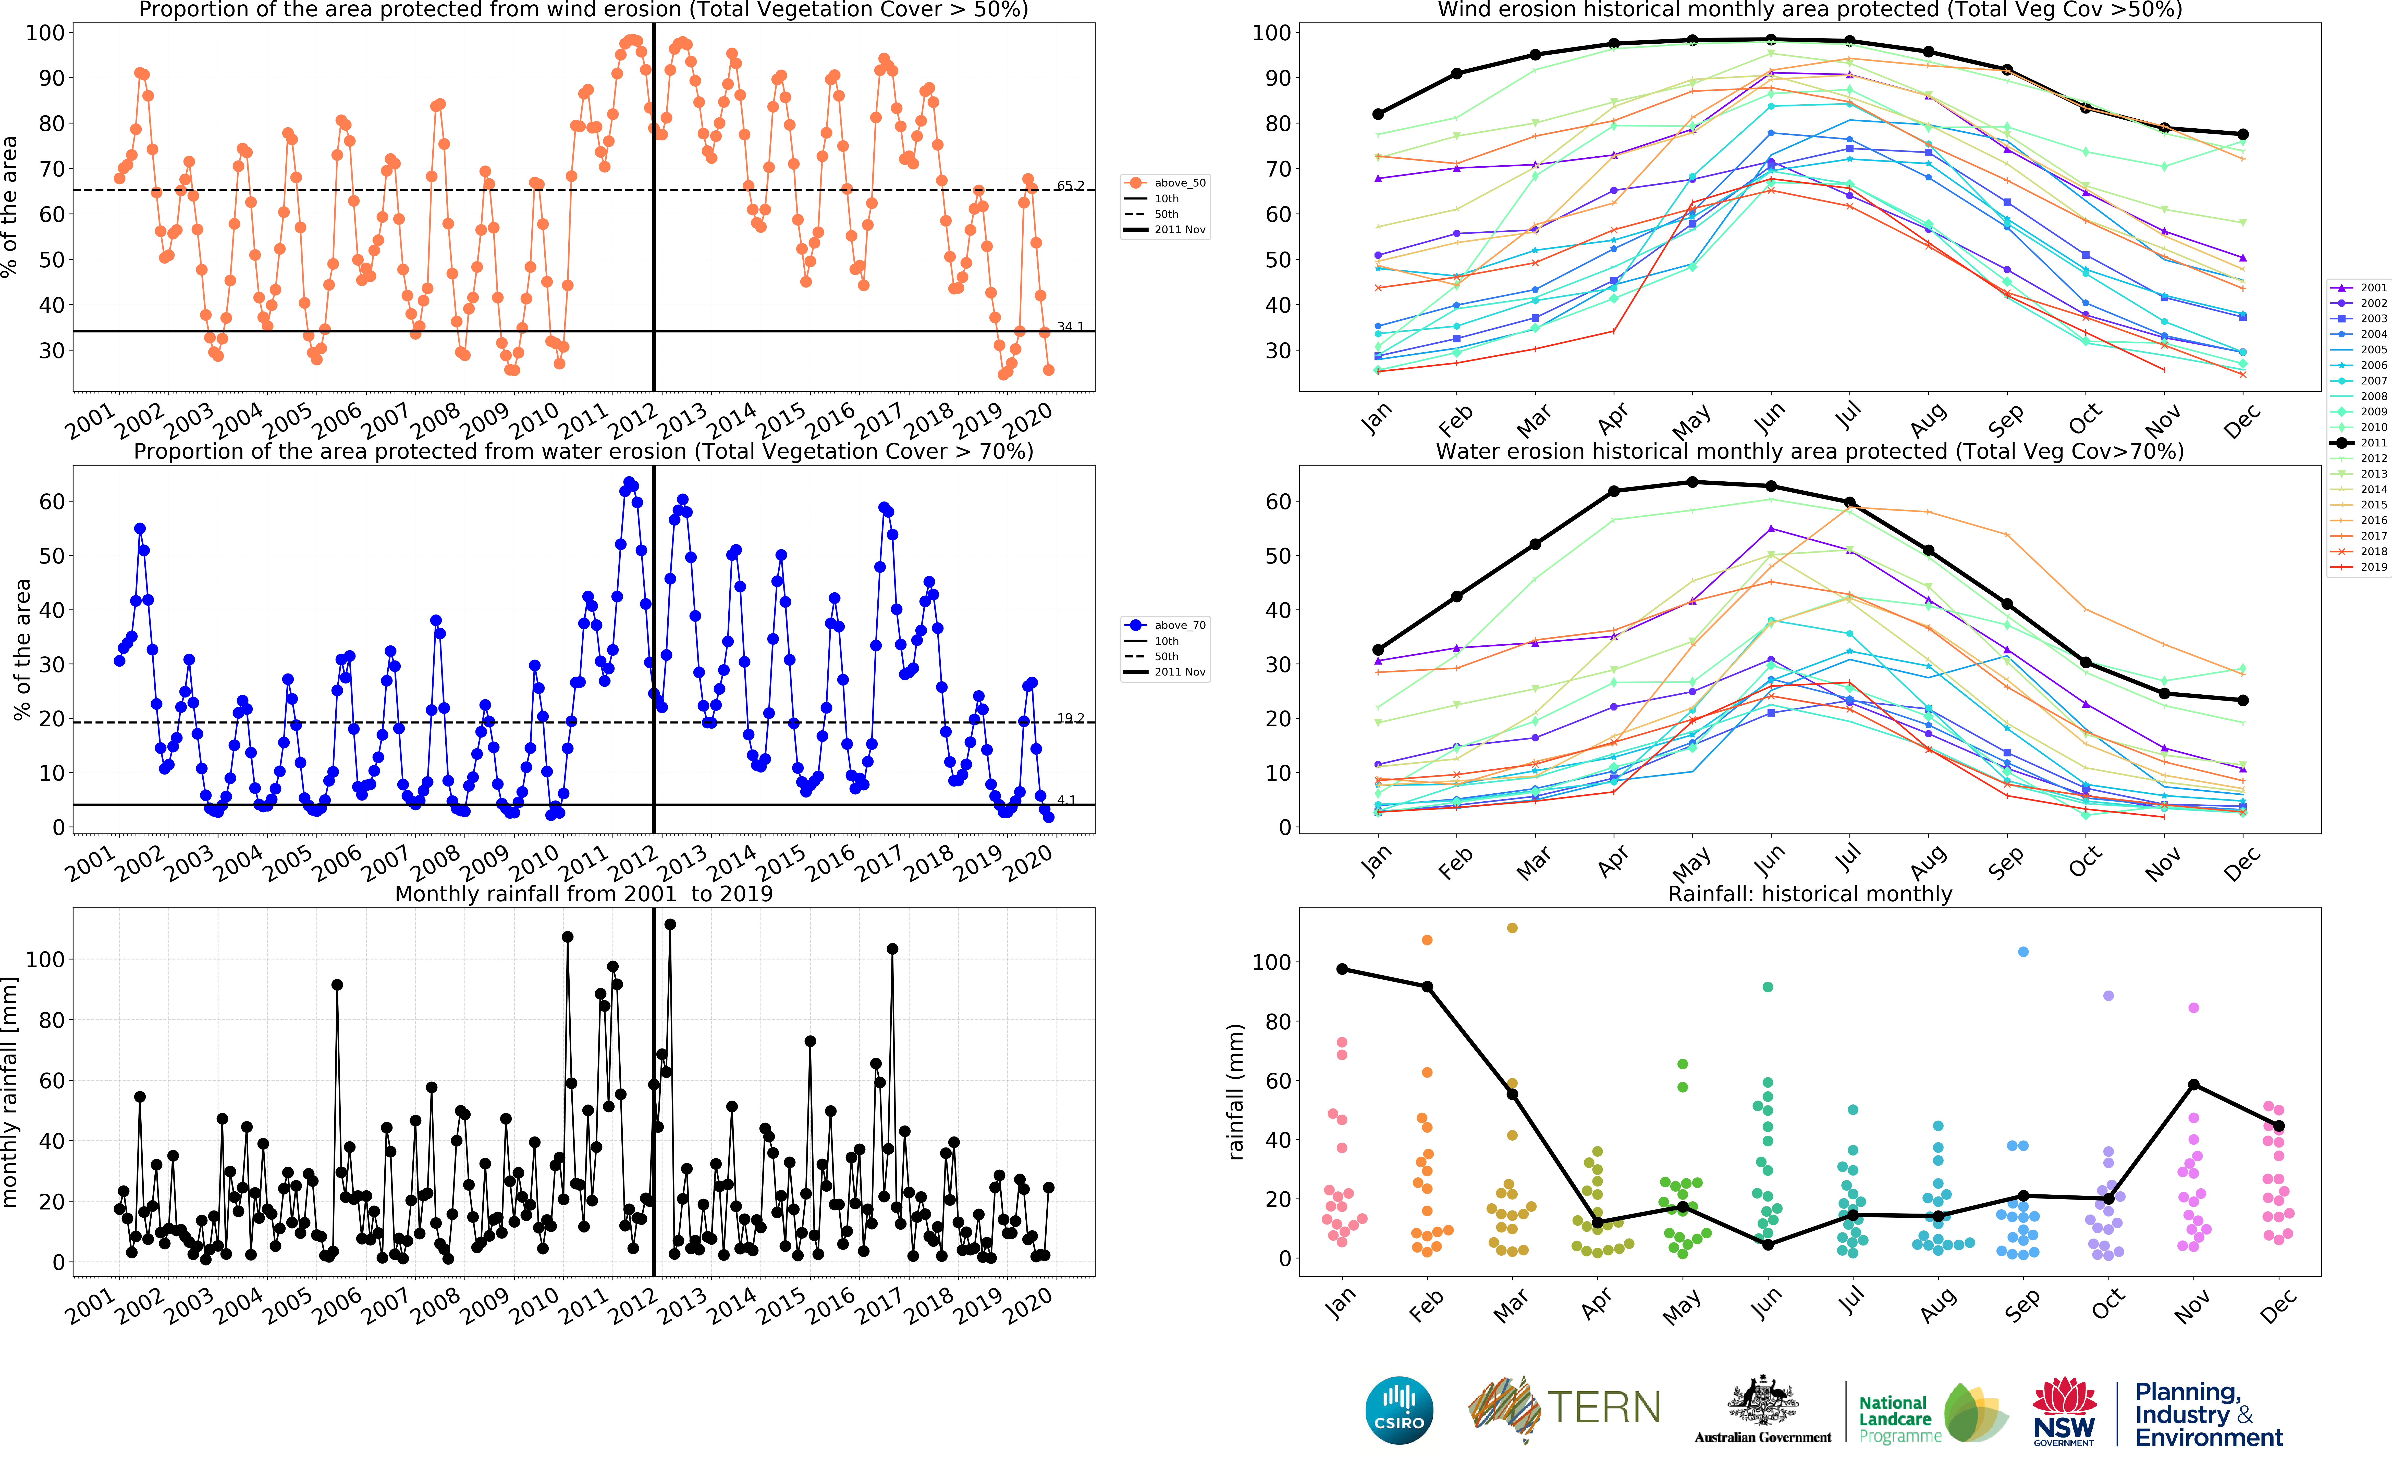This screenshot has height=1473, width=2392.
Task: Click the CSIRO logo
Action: click(1399, 1410)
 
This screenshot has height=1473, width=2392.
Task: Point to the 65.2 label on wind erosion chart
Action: click(1070, 185)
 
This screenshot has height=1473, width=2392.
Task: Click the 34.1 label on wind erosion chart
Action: click(1070, 326)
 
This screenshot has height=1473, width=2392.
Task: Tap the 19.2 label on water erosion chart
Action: click(1070, 718)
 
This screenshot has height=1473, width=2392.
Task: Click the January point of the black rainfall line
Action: click(1342, 969)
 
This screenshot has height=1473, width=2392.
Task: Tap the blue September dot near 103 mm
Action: click(2023, 952)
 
